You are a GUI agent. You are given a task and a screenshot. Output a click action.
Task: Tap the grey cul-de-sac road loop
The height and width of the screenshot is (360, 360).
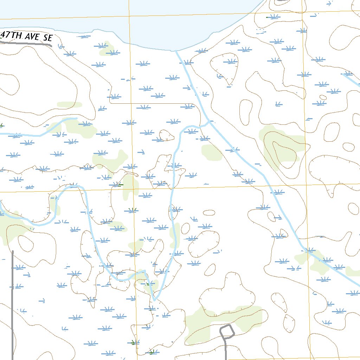tap(227, 331)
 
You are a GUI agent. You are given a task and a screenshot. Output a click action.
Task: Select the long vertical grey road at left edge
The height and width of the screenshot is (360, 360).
tap(12, 302)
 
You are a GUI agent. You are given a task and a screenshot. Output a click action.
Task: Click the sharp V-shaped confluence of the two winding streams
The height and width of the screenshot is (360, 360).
tap(154, 300)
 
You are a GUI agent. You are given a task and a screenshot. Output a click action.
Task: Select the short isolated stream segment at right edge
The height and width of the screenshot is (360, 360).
tap(351, 79)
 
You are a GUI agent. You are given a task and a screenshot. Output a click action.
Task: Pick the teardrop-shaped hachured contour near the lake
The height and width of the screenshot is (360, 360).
tap(225, 69)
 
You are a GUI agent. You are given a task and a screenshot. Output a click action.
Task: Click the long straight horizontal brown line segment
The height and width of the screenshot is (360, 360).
tap(151, 104)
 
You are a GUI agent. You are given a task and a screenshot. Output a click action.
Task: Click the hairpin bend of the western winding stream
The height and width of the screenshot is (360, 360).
tap(74, 186)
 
